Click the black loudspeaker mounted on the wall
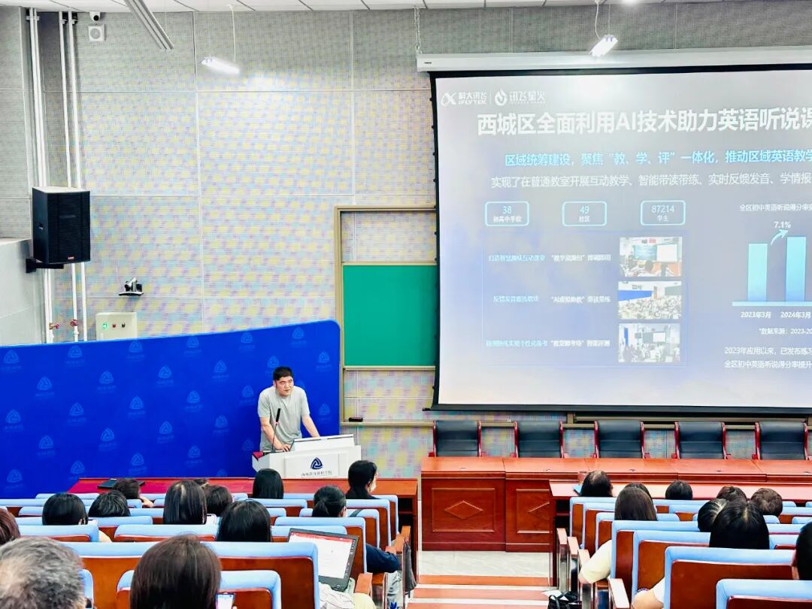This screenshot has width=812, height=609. coord(60,226)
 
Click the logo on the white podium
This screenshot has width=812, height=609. coord(317,463)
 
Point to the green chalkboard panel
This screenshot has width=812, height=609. coord(389,315)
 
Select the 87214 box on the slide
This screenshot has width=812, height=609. coord(662,213)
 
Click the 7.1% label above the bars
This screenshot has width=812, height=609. coord(782,225)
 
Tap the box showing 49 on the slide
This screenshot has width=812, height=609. coord(584,214)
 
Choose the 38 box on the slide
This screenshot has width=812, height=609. coord(506,214)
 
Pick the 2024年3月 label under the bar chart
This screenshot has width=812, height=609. coord(795,315)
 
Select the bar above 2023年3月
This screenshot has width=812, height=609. coord(757,271)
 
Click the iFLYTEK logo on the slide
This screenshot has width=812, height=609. coord(458,98)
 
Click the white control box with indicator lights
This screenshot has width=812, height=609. coord(116,326)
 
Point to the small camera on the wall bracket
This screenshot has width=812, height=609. coord(132,286)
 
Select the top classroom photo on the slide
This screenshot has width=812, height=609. coord(650,256)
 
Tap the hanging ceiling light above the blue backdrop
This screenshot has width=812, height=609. coord(220,66)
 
